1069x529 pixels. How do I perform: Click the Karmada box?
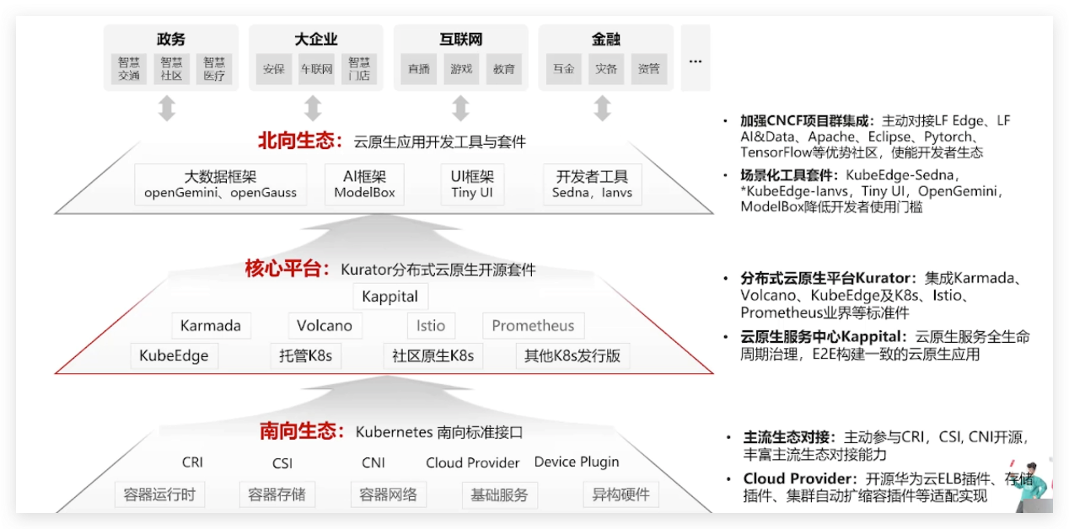click(211, 326)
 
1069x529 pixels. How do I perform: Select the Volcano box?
click(325, 326)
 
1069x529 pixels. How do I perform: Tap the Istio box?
click(431, 326)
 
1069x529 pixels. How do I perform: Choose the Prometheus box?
click(533, 326)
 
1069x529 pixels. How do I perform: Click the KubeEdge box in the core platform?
click(174, 355)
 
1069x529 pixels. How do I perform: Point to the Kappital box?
click(390, 297)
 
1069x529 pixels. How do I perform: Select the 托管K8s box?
click(306, 355)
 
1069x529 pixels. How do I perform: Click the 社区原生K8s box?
click(433, 355)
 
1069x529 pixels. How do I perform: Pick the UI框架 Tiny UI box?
click(473, 184)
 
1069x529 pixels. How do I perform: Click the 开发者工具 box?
click(592, 184)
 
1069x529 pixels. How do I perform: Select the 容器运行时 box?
click(159, 494)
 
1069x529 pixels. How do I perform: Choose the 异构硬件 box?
click(620, 494)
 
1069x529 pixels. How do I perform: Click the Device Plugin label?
click(577, 462)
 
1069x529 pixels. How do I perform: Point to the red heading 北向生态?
click(300, 141)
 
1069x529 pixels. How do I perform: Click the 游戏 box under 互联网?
click(461, 69)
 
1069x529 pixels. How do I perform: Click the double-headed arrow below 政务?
click(167, 109)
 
